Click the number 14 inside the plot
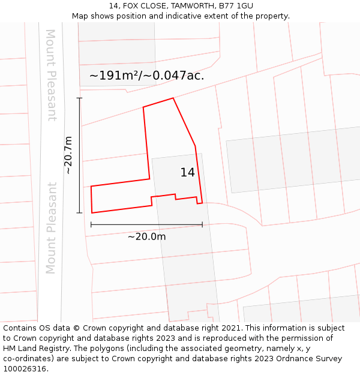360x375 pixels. [x=187, y=173]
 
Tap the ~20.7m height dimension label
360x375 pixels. [x=68, y=155]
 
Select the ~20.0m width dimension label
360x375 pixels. [x=146, y=236]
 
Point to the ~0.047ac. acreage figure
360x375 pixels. [x=178, y=76]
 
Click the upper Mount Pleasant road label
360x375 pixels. [x=51, y=75]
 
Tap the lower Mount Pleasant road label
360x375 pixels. [x=51, y=228]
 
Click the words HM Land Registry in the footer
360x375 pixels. [x=36, y=349]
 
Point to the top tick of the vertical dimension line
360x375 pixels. [x=79, y=98]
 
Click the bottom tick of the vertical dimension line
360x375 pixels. [x=79, y=212]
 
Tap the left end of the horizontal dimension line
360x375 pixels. [x=91, y=224]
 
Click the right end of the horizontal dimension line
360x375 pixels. [x=202, y=224]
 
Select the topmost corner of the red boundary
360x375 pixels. [x=173, y=98]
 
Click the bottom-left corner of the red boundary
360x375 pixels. [x=92, y=212]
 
